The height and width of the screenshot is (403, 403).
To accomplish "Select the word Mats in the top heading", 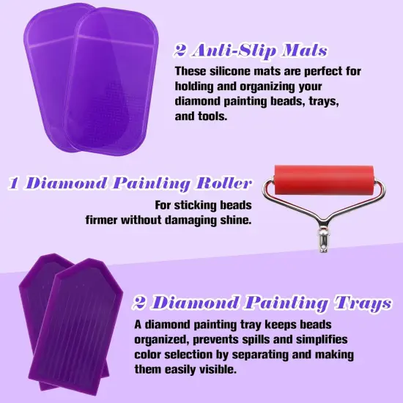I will [303, 51].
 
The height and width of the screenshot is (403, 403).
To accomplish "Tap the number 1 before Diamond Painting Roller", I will [14, 183].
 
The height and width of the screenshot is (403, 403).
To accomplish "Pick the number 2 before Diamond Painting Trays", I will [140, 303].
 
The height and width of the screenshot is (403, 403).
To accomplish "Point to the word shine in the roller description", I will [235, 220].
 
